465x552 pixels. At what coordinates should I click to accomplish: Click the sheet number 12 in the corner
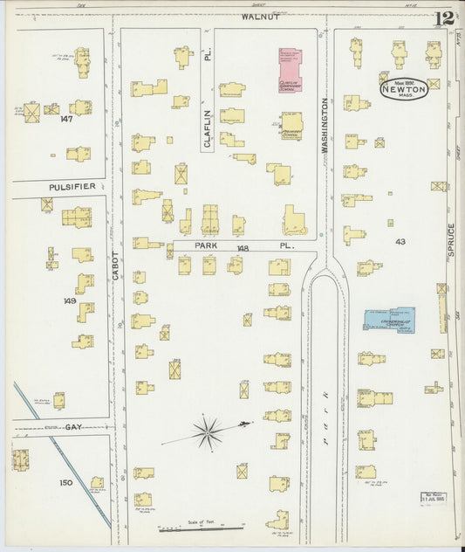447,17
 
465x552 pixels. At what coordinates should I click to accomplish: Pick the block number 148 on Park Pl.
242,248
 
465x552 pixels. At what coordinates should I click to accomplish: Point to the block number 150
65,482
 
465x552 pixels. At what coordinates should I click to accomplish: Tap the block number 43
400,242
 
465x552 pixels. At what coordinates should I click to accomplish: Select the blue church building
389,319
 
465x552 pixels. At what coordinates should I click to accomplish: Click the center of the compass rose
208,429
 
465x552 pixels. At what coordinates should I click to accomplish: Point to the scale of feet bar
201,528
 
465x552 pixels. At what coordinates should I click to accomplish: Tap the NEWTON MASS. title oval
403,89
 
